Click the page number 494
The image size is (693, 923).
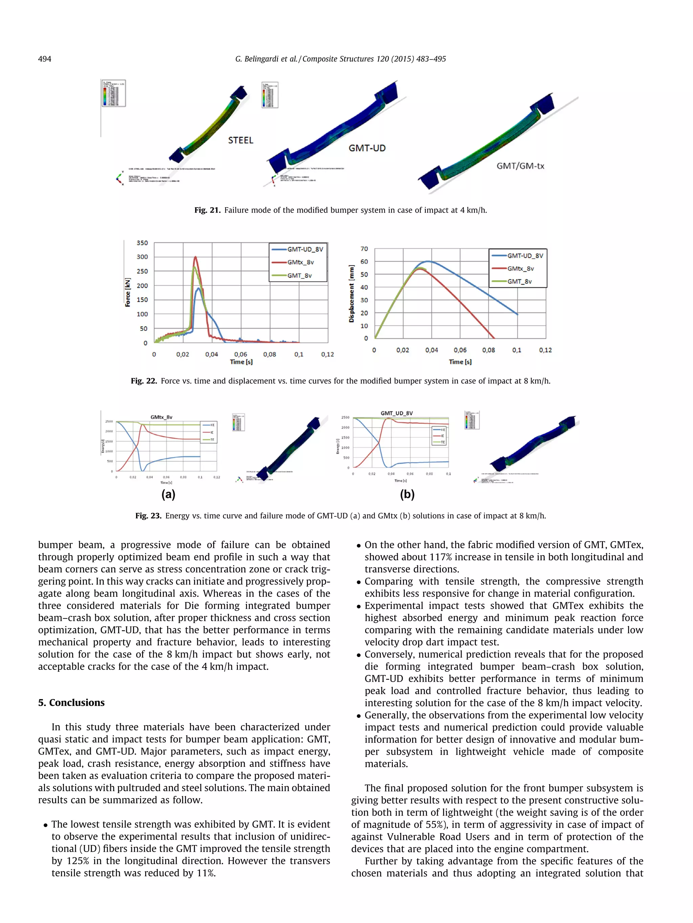[x=44, y=59]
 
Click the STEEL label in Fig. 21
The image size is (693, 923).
[x=241, y=140]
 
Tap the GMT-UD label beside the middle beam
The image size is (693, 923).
[x=367, y=148]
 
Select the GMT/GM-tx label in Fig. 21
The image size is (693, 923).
[x=520, y=166]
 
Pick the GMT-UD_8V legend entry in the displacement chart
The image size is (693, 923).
[x=525, y=256]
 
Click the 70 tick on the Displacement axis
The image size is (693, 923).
[x=364, y=249]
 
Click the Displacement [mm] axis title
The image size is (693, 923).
[x=351, y=294]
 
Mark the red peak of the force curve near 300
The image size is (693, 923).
[x=196, y=257]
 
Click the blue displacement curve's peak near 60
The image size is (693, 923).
[x=429, y=262]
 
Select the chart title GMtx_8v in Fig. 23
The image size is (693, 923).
[x=161, y=417]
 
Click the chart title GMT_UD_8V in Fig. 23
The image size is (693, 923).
[x=397, y=413]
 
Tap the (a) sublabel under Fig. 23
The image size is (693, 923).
[x=168, y=494]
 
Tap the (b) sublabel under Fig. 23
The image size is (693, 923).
[x=407, y=494]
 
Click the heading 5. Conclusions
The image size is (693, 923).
[x=71, y=702]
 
